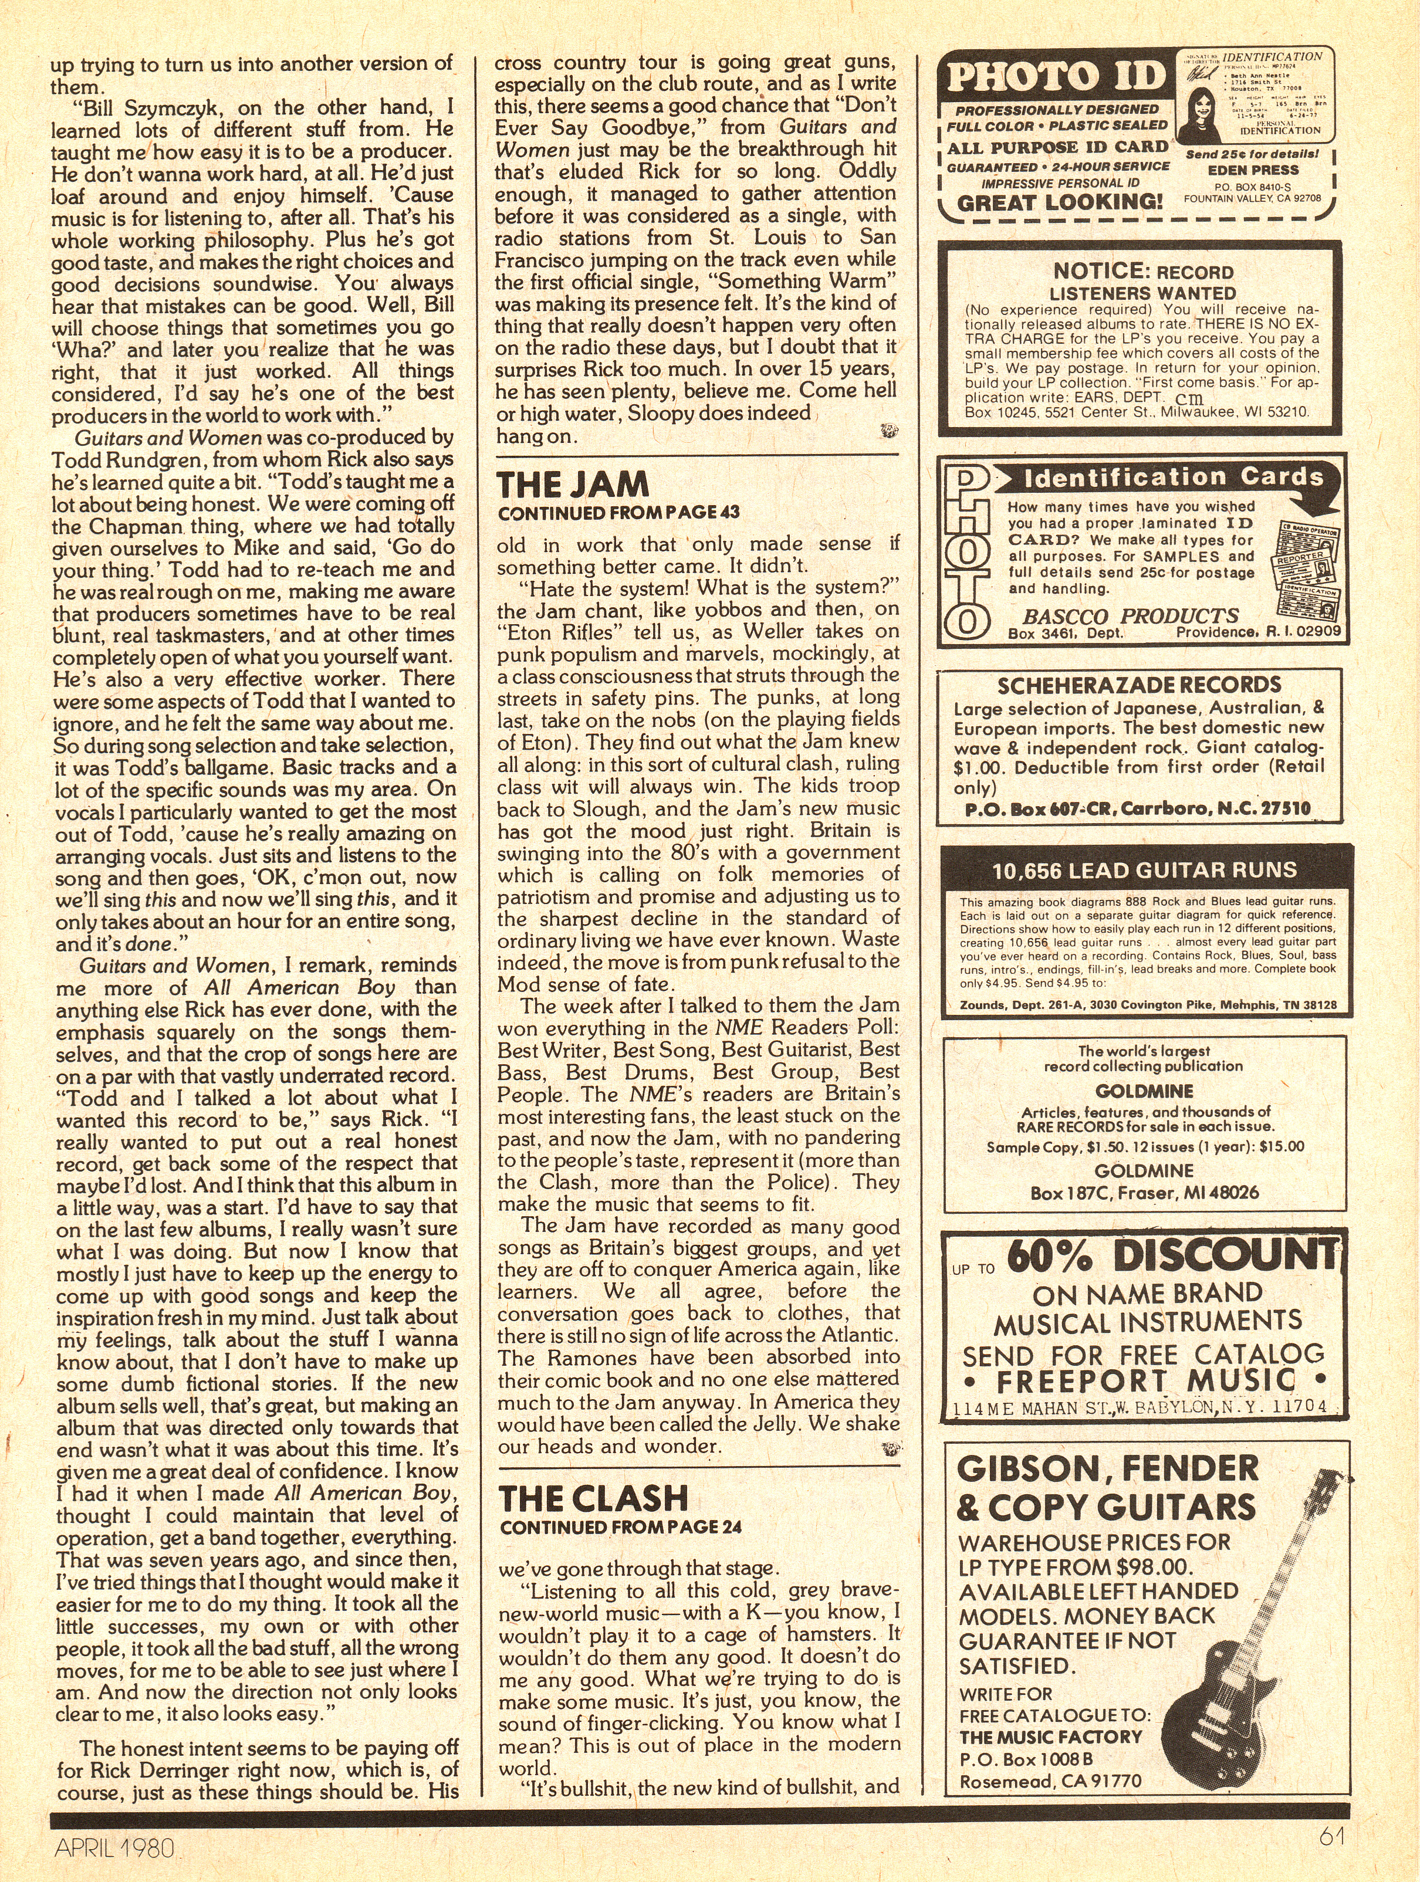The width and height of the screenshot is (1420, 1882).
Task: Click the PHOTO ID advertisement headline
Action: coord(1055,77)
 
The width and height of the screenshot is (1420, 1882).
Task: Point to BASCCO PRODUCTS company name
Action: coord(1119,616)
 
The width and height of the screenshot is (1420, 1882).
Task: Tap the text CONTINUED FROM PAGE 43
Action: coord(618,513)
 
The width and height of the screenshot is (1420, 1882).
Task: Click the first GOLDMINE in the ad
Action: coord(1144,1091)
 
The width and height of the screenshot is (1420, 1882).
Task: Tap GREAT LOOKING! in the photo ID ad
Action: coord(1059,202)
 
